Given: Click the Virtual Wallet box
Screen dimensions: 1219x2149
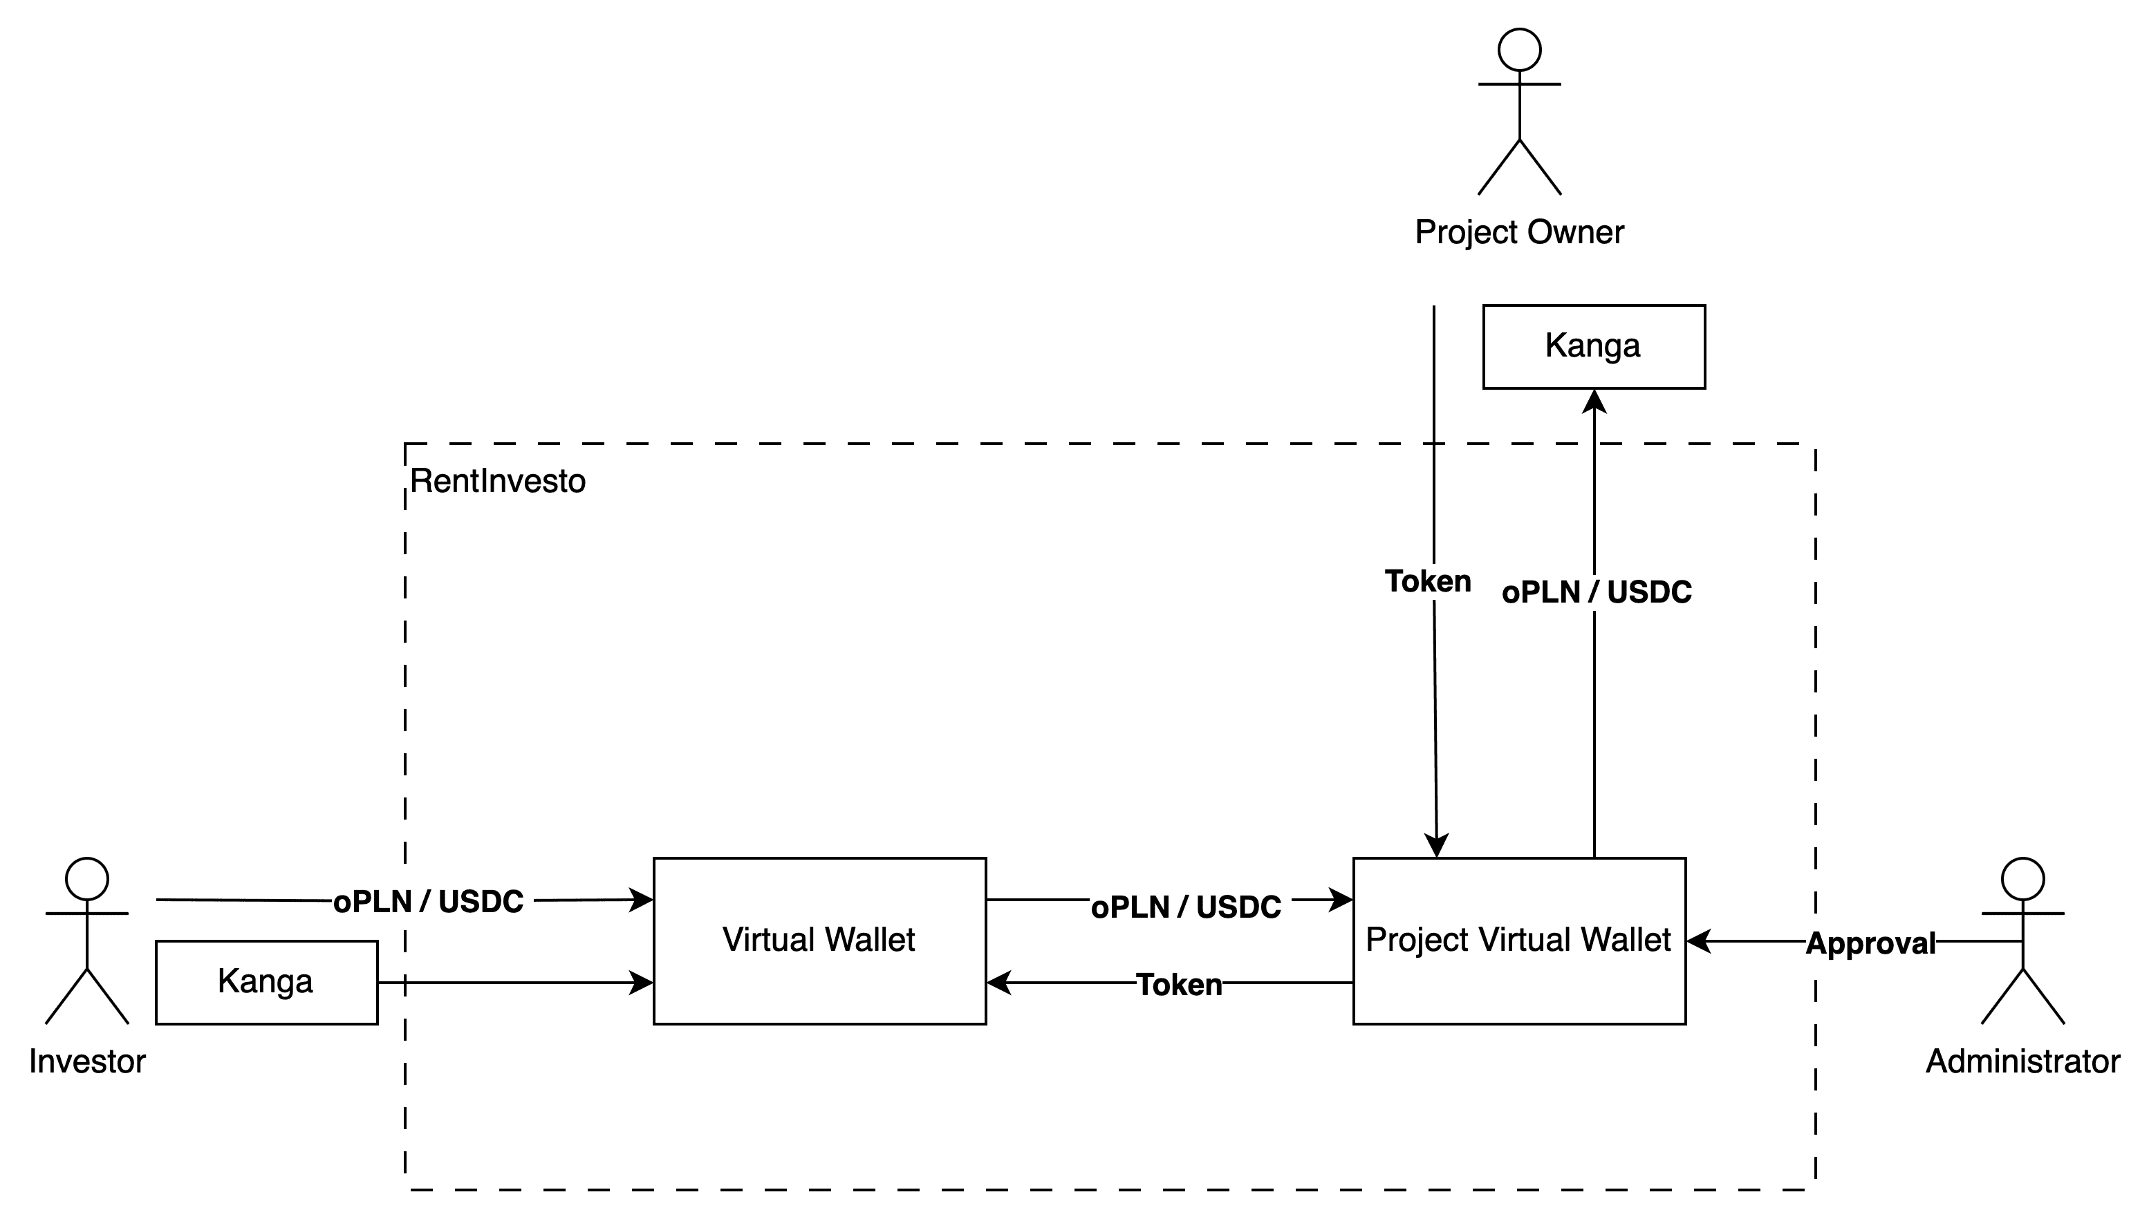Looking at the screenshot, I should (x=819, y=941).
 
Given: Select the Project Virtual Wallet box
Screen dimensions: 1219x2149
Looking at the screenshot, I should (x=1518, y=941).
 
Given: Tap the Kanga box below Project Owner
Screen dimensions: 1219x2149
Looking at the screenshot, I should (x=1593, y=346).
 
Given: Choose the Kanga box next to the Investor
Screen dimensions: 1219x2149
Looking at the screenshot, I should (x=266, y=981).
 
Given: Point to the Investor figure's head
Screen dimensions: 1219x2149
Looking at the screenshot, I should (x=87, y=878).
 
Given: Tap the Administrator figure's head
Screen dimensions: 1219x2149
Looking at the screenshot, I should (x=2022, y=878).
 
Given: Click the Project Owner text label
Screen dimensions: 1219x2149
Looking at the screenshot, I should (x=1519, y=232).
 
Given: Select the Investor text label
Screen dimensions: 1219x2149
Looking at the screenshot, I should (x=87, y=1061).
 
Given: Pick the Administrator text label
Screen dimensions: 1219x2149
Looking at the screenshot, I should (x=2022, y=1061).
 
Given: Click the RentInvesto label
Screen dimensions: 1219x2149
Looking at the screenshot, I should (x=497, y=482).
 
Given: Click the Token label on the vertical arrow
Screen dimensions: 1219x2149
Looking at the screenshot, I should (x=1427, y=581).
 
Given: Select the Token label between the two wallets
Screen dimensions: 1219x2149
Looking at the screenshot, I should (x=1178, y=985).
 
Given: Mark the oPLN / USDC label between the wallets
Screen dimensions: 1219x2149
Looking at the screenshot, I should (x=1189, y=907).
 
